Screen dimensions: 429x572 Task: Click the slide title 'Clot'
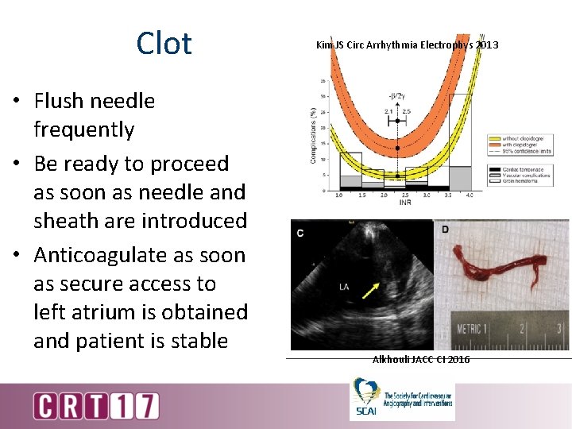164,43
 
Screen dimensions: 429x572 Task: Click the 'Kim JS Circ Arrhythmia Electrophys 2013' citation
408,44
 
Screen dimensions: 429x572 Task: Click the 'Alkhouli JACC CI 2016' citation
421,360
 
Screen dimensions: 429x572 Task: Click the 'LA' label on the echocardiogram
345,286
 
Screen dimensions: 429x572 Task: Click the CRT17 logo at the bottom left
96,406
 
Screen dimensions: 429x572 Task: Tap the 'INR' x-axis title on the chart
404,203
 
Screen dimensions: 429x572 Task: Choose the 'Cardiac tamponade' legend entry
520,170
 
